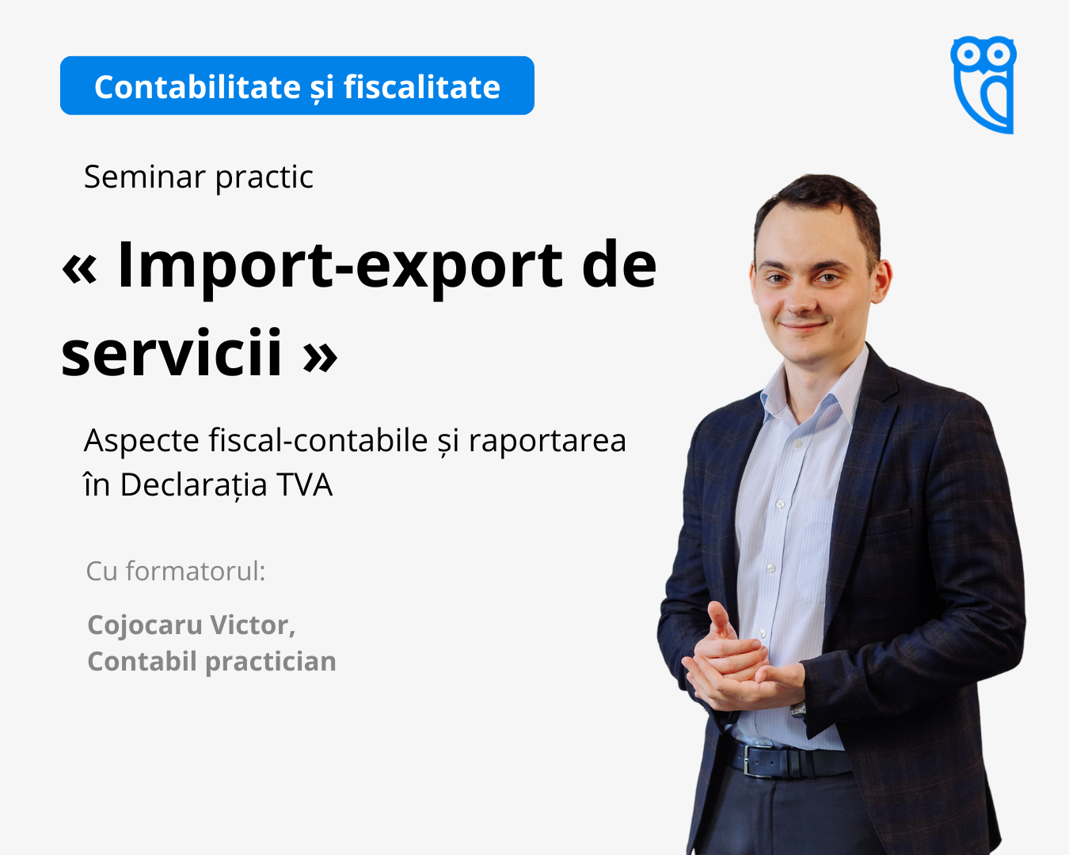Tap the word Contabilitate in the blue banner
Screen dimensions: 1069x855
[x=197, y=87]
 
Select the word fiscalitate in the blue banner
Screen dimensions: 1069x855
[x=422, y=87]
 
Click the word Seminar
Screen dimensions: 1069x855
[x=145, y=177]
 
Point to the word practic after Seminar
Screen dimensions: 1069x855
[x=264, y=177]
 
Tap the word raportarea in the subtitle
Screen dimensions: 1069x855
[x=547, y=441]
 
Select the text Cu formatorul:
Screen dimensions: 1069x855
[x=176, y=571]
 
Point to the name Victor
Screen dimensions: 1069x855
[x=253, y=625]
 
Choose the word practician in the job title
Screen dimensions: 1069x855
[x=271, y=663]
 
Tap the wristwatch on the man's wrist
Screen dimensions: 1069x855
[x=797, y=709]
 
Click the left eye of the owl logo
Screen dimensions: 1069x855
[x=967, y=54]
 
